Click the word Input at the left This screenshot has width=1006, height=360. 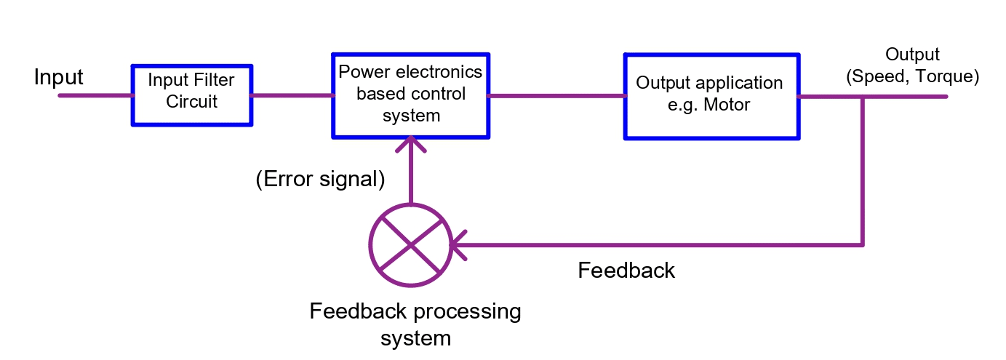click(x=58, y=77)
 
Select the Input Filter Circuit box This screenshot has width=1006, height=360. click(x=192, y=95)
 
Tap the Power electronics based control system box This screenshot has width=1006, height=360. click(x=410, y=95)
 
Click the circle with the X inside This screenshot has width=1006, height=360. click(x=411, y=244)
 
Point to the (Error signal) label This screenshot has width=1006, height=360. click(x=320, y=180)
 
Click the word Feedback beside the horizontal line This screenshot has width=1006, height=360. click(x=626, y=271)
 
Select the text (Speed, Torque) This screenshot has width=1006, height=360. click(x=912, y=76)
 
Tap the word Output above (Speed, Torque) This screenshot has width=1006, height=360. click(x=912, y=55)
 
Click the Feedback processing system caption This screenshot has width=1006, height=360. click(x=415, y=324)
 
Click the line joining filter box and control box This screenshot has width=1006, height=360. click(x=292, y=95)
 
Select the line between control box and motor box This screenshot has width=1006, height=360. click(x=556, y=95)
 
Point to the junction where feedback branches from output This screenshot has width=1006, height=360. click(x=863, y=97)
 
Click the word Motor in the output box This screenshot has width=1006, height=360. click(x=727, y=105)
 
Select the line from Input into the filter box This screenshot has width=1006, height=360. click(x=95, y=95)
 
